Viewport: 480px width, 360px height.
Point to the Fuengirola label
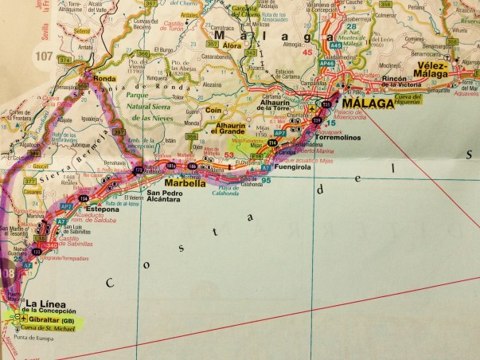[292, 169]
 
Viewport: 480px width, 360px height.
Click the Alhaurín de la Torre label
[283, 110]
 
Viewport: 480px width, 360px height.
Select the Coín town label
[212, 111]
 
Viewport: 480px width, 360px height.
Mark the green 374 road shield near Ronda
[64, 60]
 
